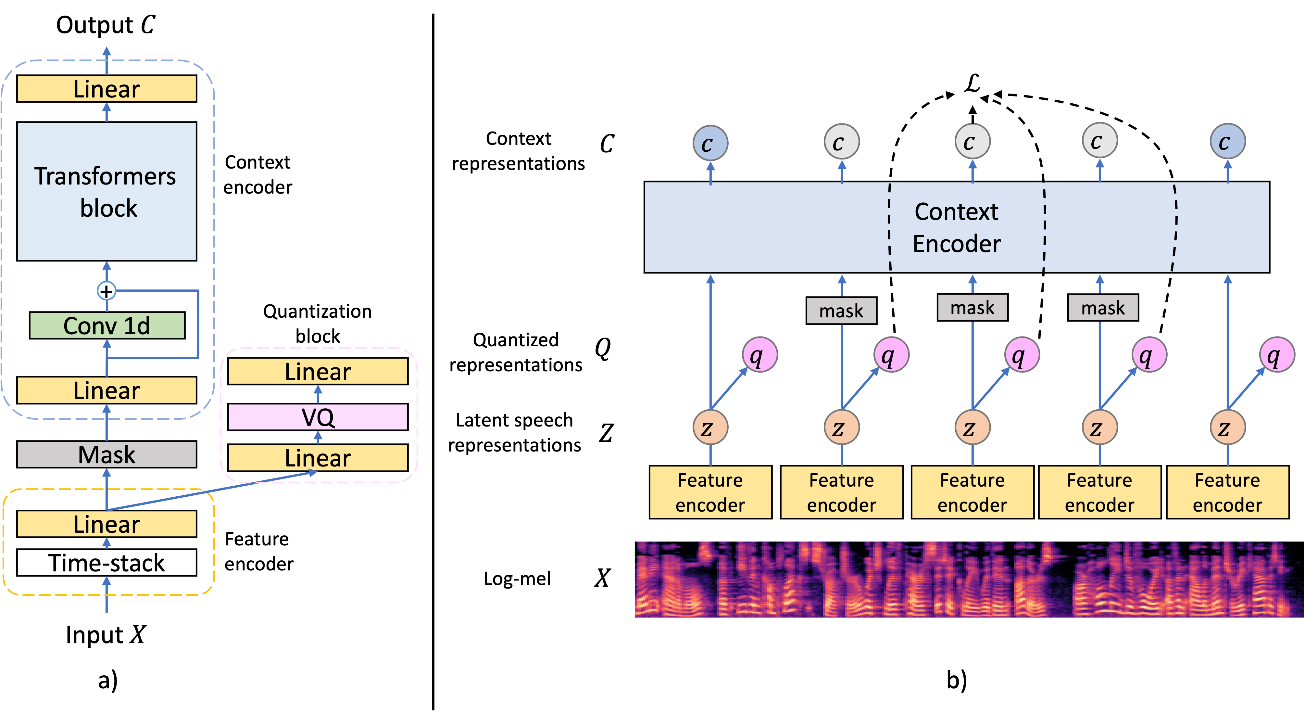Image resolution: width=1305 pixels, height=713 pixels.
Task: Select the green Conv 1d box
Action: tap(107, 325)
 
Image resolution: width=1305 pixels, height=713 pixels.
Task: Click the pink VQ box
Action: tap(318, 417)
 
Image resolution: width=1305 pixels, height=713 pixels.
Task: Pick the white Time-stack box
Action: tap(107, 563)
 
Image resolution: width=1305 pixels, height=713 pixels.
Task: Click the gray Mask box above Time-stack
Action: tap(107, 454)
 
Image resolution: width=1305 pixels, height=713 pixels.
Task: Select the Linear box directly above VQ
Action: tap(318, 372)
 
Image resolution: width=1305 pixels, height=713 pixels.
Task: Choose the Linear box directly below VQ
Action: tap(318, 458)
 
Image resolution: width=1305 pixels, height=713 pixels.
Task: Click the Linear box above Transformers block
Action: tap(107, 89)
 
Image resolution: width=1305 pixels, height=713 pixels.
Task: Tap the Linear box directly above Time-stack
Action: tap(107, 524)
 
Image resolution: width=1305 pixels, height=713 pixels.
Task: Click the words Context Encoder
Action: tap(957, 227)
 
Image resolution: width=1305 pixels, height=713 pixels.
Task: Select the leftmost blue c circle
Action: tap(710, 143)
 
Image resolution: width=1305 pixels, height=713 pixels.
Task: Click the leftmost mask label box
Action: tap(841, 311)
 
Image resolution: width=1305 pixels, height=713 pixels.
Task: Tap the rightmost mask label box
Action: tap(1103, 308)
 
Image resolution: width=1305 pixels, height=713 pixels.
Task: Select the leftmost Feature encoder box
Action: tap(710, 492)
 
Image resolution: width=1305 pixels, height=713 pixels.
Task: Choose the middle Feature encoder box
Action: tap(972, 492)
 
